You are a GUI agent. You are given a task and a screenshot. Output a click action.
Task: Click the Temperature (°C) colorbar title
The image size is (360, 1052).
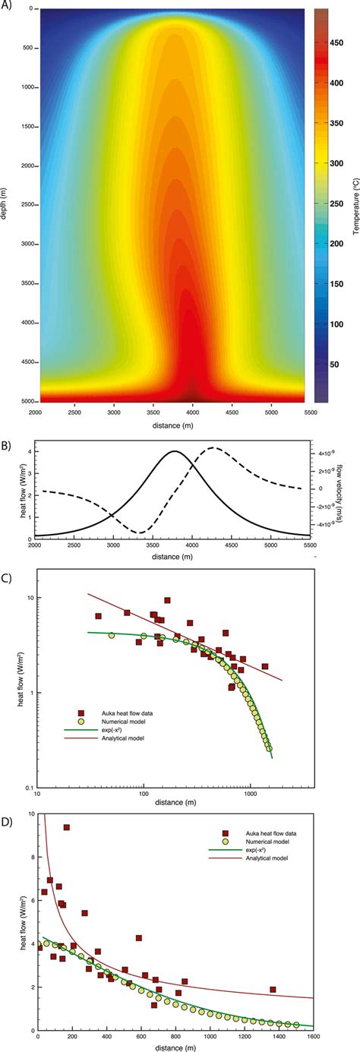click(x=355, y=205)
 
